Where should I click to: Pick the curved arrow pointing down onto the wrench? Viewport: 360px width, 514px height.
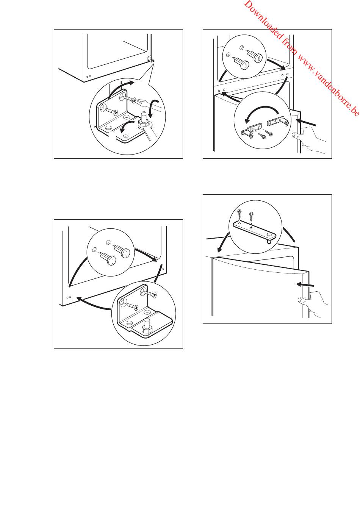coord(152,108)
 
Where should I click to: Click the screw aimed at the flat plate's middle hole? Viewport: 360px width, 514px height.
coord(251,217)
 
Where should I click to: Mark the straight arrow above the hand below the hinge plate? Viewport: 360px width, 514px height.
coord(305,285)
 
